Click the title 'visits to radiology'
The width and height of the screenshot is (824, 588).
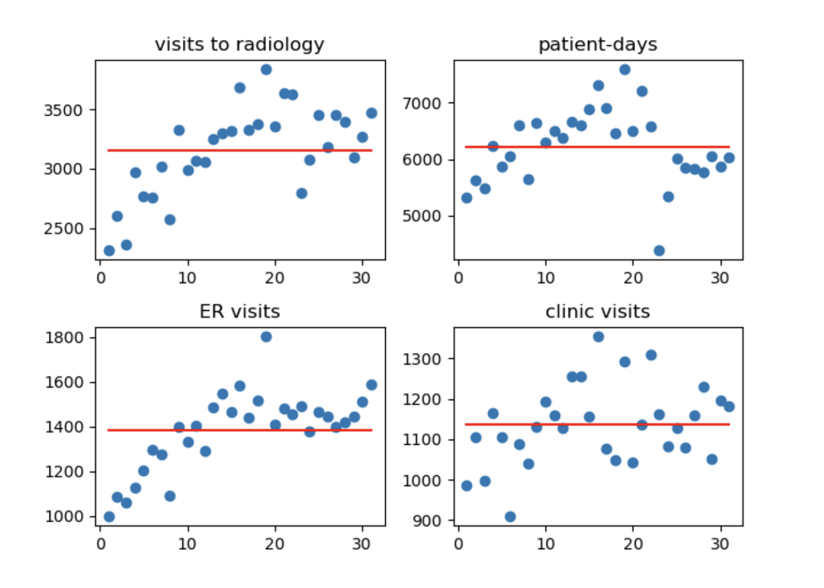tap(239, 45)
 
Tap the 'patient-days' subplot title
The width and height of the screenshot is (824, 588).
tap(597, 45)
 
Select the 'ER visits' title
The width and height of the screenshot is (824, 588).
tap(239, 311)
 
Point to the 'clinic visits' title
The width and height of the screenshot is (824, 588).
tap(597, 311)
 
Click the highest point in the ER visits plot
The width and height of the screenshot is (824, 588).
tap(266, 337)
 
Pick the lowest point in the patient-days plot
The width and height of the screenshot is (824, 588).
tap(659, 250)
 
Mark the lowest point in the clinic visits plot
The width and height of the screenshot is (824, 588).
tap(510, 516)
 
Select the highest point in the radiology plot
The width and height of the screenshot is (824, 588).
tap(266, 70)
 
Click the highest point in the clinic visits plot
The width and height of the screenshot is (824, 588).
tap(598, 337)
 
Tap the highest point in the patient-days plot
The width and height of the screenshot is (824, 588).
tap(624, 70)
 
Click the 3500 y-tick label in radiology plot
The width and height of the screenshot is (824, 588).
tap(63, 110)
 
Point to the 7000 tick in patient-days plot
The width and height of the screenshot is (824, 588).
tap(422, 103)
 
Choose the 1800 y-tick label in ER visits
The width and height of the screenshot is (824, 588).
tap(64, 338)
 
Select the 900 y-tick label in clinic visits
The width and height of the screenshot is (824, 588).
tap(426, 521)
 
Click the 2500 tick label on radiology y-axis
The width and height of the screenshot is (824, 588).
tap(63, 228)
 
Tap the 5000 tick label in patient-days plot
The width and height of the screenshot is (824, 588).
tap(422, 216)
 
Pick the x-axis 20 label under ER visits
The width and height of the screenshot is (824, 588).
tap(275, 544)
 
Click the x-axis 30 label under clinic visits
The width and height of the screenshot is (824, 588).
tap(720, 544)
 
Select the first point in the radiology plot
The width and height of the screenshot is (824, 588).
tap(109, 250)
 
